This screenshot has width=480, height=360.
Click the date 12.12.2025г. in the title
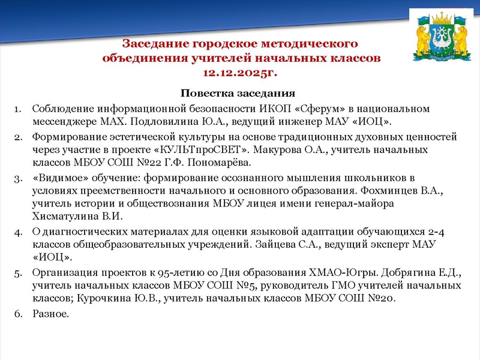coord(241,73)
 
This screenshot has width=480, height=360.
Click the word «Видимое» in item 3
coord(57,178)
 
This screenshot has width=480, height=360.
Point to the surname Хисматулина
coord(64,217)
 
